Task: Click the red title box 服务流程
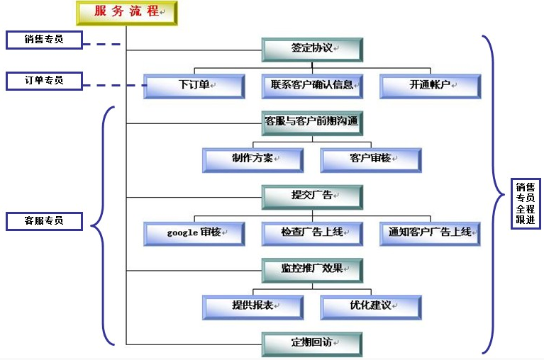[x=126, y=13]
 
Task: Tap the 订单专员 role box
[x=43, y=81]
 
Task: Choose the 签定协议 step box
[x=312, y=49]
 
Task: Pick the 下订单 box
[x=194, y=86]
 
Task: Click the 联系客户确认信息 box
[x=312, y=86]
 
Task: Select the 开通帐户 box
[x=430, y=86]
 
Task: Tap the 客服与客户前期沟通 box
[x=312, y=122]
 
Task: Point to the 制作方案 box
[x=252, y=159]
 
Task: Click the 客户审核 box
[x=370, y=159]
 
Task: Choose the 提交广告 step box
[x=312, y=196]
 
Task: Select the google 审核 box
[x=194, y=233]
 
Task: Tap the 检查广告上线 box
[x=312, y=233]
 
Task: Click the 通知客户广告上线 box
[x=430, y=233]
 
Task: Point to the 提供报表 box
[x=252, y=307]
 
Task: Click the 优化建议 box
[x=370, y=307]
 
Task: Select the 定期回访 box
[x=312, y=344]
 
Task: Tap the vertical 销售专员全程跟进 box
[x=526, y=203]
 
